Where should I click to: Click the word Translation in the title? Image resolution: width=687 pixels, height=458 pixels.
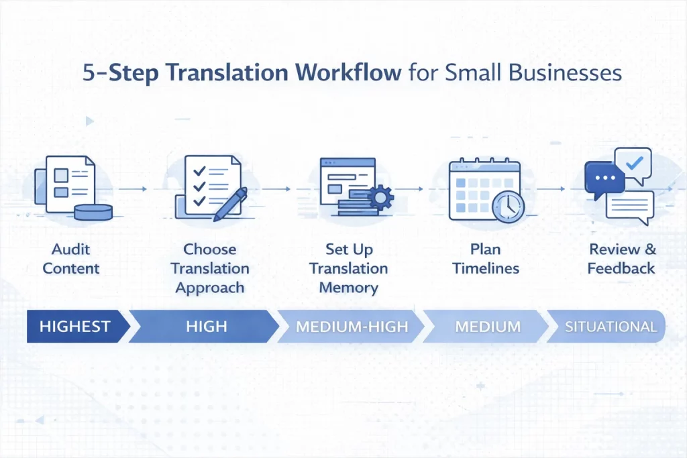pyautogui.click(x=228, y=72)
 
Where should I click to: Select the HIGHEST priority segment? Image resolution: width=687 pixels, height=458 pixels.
pyautogui.click(x=75, y=327)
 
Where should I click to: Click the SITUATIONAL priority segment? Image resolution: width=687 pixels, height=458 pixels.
pyautogui.click(x=611, y=327)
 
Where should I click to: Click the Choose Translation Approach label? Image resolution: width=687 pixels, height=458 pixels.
pyautogui.click(x=210, y=268)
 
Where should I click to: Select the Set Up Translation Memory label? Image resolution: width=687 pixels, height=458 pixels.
pyautogui.click(x=349, y=268)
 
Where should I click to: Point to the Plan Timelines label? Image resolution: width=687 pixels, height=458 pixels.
pyautogui.click(x=486, y=259)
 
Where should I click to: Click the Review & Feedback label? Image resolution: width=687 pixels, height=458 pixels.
pyautogui.click(x=621, y=259)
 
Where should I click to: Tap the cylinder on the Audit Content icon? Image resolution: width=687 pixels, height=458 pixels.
pyautogui.click(x=93, y=212)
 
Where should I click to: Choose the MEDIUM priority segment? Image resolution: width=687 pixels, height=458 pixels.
pyautogui.click(x=488, y=327)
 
